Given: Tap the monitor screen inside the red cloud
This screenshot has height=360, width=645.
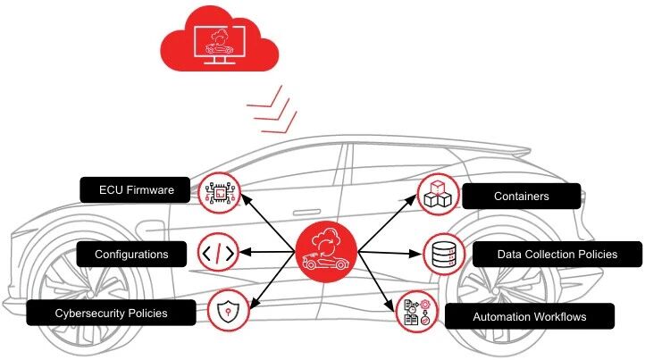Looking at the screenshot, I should pos(217,43).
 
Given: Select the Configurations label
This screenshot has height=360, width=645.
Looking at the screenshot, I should pos(133,255).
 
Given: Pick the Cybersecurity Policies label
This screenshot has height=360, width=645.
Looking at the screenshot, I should pos(111,314).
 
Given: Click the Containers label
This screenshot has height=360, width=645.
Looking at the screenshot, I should pos(521,196).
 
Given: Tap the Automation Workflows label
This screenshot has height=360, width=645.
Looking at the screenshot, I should pos(530,315).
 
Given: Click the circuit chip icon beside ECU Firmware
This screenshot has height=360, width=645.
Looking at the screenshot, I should pos(217,191).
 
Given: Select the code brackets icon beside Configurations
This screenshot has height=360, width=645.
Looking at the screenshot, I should pos(217,254).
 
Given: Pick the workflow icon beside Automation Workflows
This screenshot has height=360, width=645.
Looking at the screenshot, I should pos(415,312).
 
